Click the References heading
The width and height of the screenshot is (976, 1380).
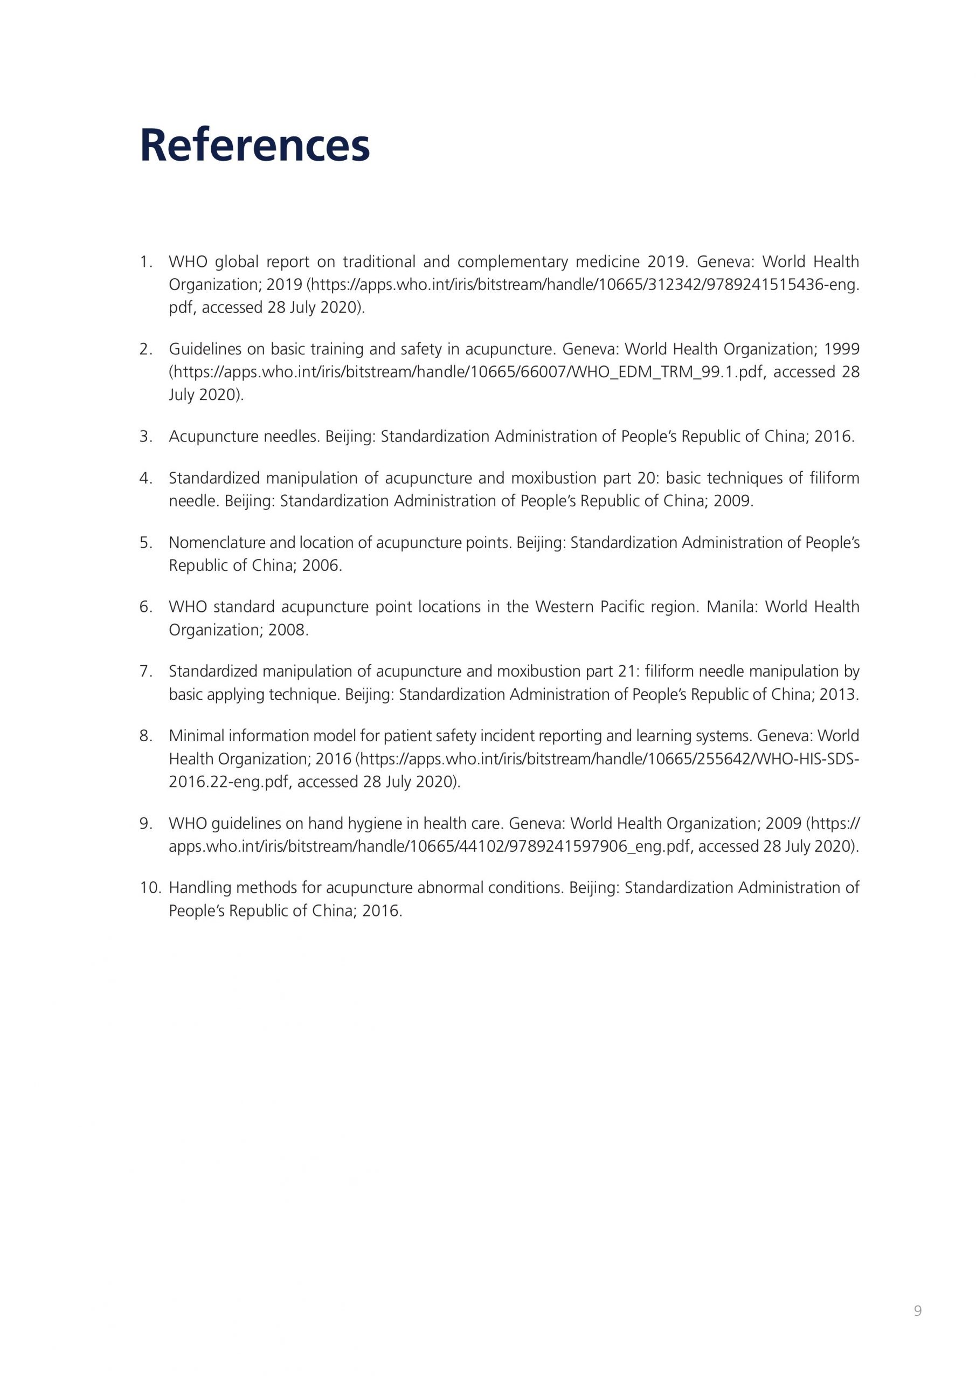(254, 146)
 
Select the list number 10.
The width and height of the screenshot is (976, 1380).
(150, 888)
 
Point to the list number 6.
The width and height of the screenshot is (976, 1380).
(146, 607)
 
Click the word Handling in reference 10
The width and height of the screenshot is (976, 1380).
(200, 888)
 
